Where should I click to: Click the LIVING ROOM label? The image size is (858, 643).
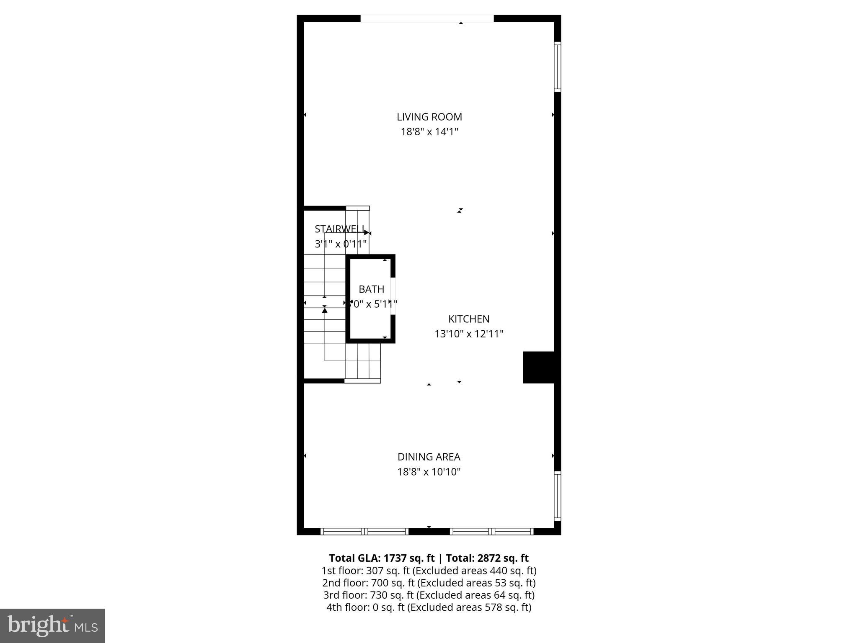tap(429, 117)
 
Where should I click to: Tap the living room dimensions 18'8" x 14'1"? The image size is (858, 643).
tap(429, 132)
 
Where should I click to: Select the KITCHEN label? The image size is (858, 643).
tap(468, 319)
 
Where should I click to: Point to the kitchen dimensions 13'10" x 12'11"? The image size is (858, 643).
tap(468, 334)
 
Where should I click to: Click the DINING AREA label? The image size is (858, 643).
tap(429, 457)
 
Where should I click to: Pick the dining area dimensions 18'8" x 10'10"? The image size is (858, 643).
tap(429, 472)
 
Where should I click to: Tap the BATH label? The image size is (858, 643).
tap(371, 289)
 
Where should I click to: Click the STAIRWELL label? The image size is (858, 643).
tap(339, 229)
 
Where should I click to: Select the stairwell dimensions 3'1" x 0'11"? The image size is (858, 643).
tap(340, 244)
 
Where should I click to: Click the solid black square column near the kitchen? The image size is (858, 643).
tap(538, 367)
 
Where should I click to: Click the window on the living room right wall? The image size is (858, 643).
tap(557, 67)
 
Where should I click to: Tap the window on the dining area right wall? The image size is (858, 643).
tap(557, 496)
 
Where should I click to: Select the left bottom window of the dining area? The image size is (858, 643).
tap(364, 532)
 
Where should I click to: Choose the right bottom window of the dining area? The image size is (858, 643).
tap(491, 532)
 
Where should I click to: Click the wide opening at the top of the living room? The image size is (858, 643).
tap(427, 18)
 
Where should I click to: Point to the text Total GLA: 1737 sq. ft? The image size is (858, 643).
tap(381, 558)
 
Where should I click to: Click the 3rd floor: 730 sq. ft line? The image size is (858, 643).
tap(429, 595)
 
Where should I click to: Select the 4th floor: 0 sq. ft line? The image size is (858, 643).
tap(429, 607)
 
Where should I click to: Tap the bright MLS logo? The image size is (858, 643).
tap(52, 625)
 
